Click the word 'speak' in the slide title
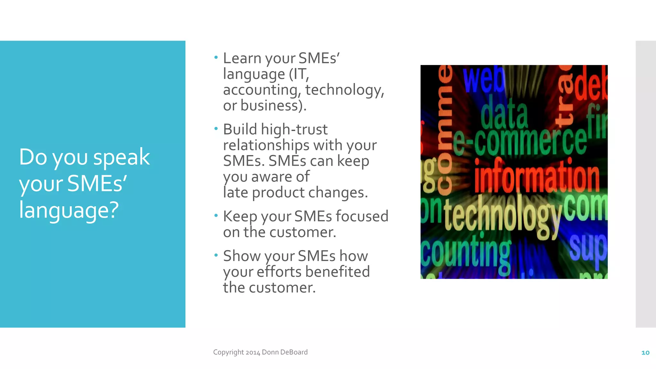(x=121, y=158)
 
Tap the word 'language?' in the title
(x=69, y=210)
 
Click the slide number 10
(x=645, y=353)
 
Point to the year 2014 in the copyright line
(x=253, y=352)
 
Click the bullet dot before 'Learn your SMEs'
(x=216, y=58)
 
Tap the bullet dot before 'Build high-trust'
(x=216, y=129)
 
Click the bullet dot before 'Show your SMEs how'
(x=216, y=255)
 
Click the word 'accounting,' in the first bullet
(x=262, y=90)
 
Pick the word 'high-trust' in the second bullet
(x=294, y=129)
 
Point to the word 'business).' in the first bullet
(x=273, y=106)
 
